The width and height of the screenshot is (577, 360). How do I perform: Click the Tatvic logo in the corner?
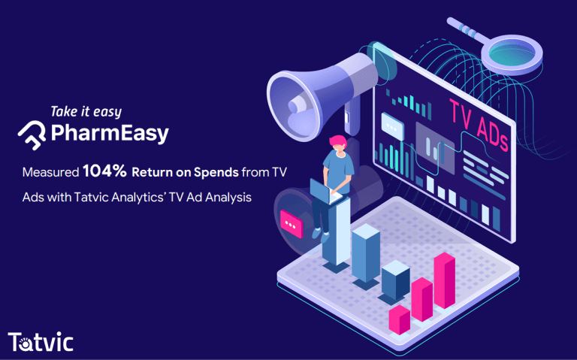(x=41, y=342)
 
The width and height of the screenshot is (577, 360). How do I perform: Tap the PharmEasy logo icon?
(x=32, y=135)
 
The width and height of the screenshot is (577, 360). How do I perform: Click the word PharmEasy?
(x=110, y=133)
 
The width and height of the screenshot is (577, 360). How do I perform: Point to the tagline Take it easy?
(x=86, y=112)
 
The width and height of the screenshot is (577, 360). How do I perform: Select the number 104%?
(x=105, y=171)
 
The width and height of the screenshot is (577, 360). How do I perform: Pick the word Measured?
(x=51, y=172)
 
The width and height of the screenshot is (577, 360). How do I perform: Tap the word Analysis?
(x=228, y=198)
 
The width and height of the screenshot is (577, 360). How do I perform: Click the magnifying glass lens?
(x=512, y=54)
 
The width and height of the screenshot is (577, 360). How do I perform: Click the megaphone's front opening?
(x=292, y=106)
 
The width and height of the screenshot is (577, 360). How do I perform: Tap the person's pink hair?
(x=338, y=141)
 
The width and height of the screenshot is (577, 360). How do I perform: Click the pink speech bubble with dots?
(x=292, y=224)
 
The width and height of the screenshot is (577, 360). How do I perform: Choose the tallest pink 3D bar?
(x=445, y=280)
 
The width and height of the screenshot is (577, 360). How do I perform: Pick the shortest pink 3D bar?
(x=400, y=319)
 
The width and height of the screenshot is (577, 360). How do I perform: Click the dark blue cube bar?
(x=396, y=280)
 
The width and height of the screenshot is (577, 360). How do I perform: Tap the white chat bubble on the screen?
(x=392, y=126)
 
